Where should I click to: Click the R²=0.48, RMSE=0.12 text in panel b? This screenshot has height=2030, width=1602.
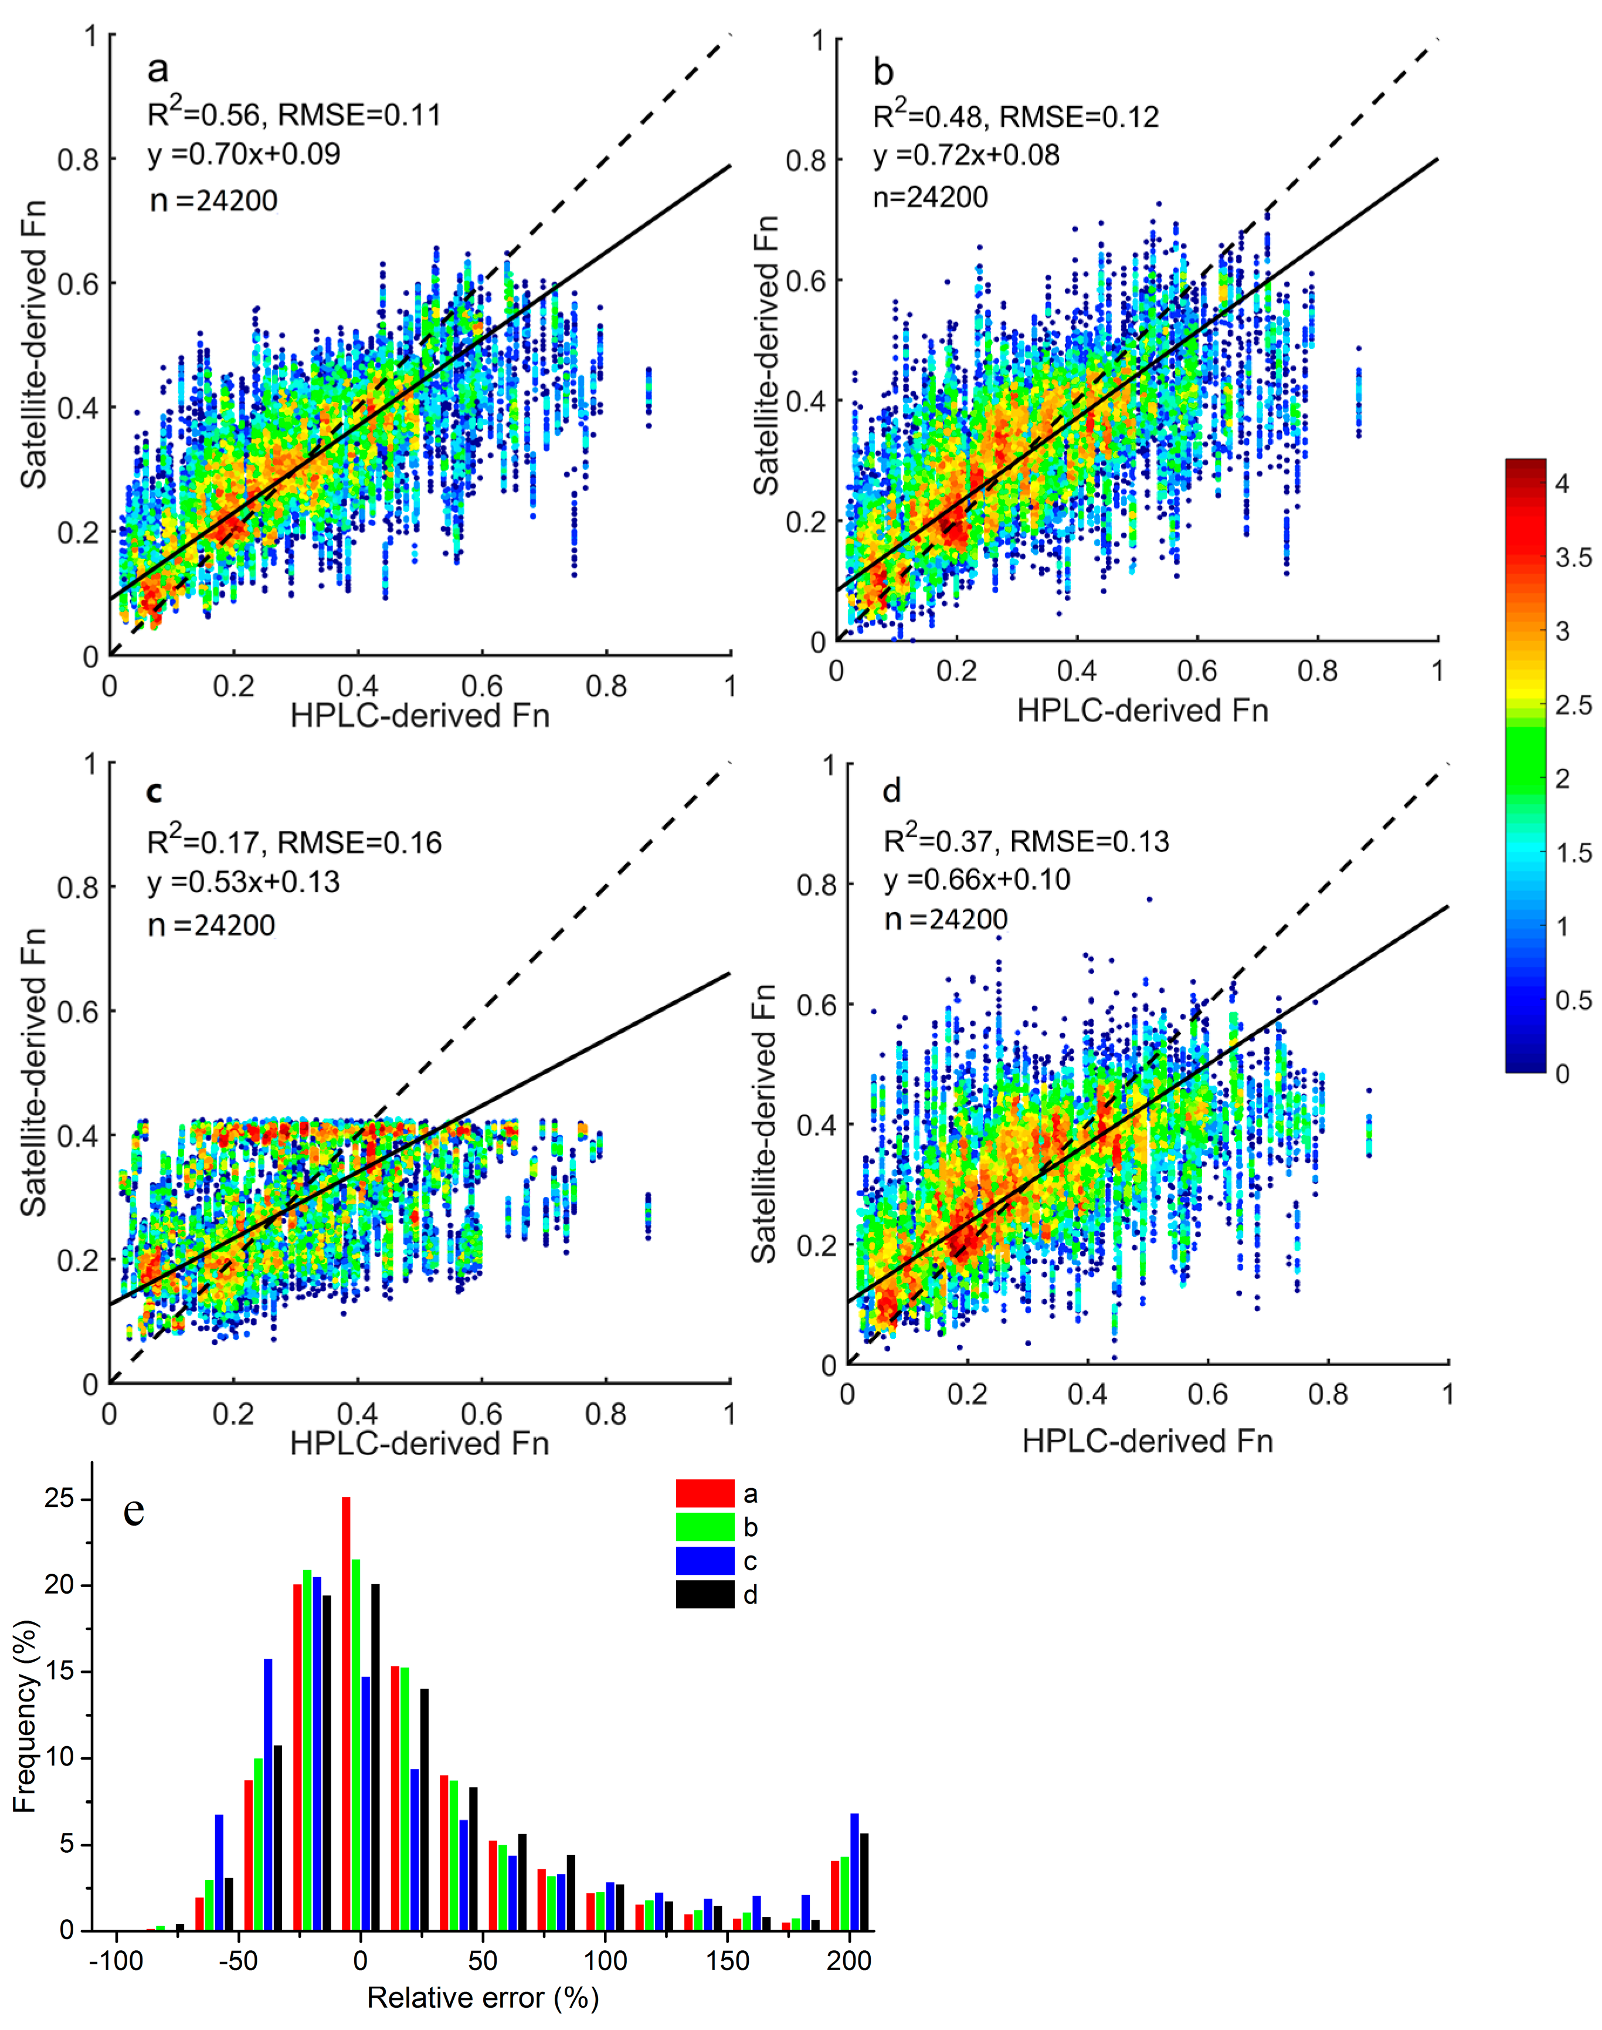coord(1016,116)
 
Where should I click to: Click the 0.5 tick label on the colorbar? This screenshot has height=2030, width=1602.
coord(1573,1000)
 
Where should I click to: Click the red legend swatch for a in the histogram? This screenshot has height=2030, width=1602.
coord(704,1493)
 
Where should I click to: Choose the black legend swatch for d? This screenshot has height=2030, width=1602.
coord(704,1595)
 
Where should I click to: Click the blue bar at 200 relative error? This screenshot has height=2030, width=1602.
coord(854,1872)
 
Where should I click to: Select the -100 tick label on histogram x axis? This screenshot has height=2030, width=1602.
coord(116,1961)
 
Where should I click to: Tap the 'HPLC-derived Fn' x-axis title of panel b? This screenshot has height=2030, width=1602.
coord(1142,710)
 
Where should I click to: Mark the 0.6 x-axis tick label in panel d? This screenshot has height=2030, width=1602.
coord(1207,1395)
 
